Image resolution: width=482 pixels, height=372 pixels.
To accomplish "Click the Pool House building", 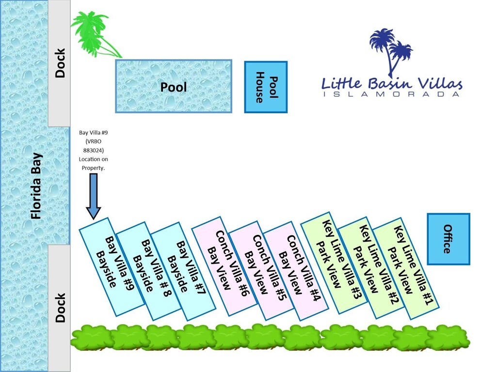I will pyautogui.click(x=266, y=87).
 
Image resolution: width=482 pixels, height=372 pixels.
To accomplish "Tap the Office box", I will pyautogui.click(x=448, y=239).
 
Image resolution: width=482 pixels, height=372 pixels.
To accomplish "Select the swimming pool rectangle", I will pyautogui.click(x=174, y=87).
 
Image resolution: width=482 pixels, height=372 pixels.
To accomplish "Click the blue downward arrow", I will pyautogui.click(x=94, y=196).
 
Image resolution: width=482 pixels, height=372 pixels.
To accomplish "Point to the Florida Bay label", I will pyautogui.click(x=36, y=186).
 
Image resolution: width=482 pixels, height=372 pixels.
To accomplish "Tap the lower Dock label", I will pyautogui.click(x=60, y=308).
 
